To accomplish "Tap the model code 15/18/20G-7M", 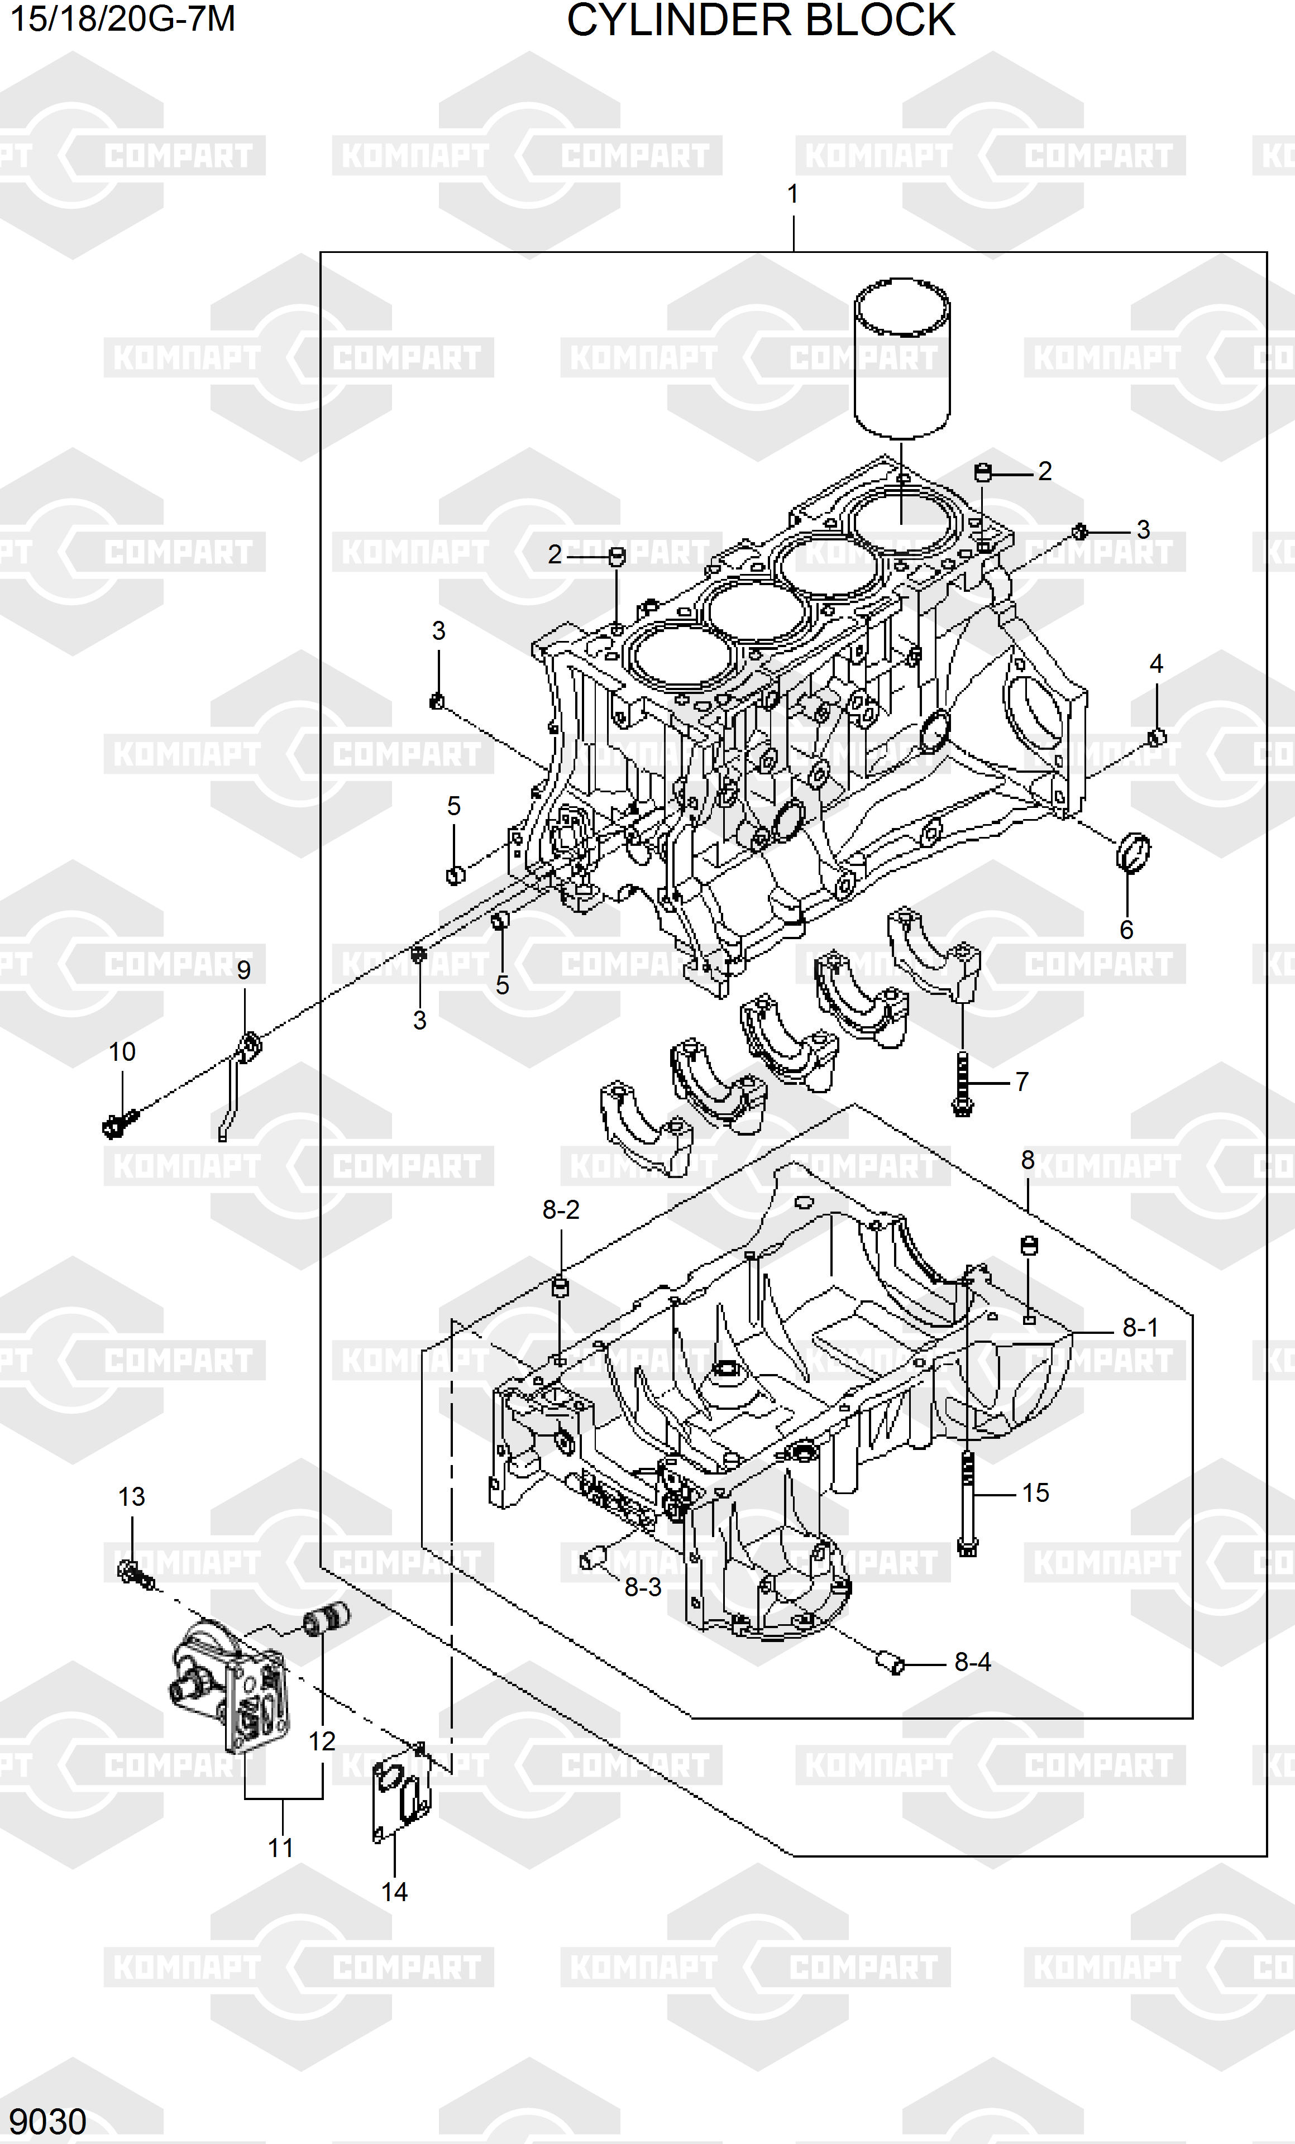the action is point(122,18).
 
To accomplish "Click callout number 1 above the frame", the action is point(793,194).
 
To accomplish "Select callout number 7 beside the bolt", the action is point(1022,1081).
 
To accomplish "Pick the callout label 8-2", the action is point(561,1209).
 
